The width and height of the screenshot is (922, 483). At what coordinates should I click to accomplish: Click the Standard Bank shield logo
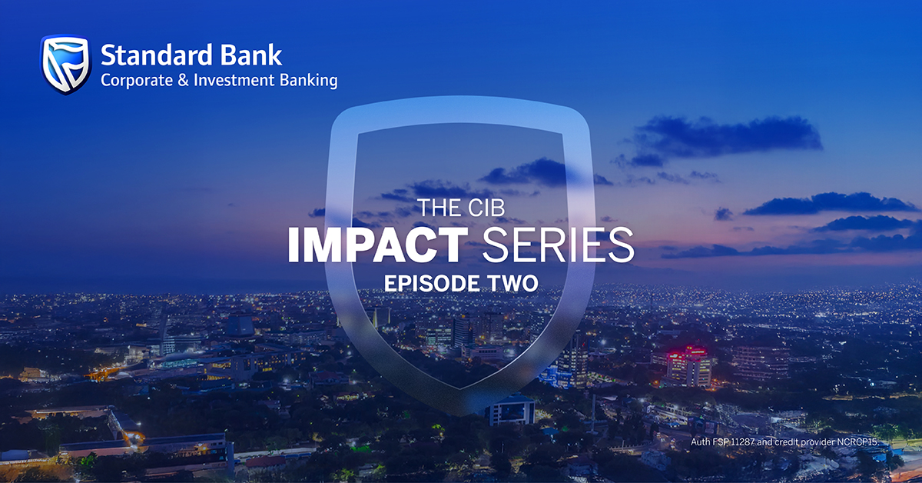tap(65, 65)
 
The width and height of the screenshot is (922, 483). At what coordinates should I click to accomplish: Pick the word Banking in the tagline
tap(310, 80)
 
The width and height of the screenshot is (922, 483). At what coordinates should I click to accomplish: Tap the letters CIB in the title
tap(484, 208)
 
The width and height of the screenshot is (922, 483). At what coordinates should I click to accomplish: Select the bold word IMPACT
tap(376, 245)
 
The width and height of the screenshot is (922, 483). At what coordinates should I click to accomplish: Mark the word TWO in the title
tap(512, 282)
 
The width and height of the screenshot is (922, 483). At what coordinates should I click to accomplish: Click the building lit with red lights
tap(688, 365)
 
